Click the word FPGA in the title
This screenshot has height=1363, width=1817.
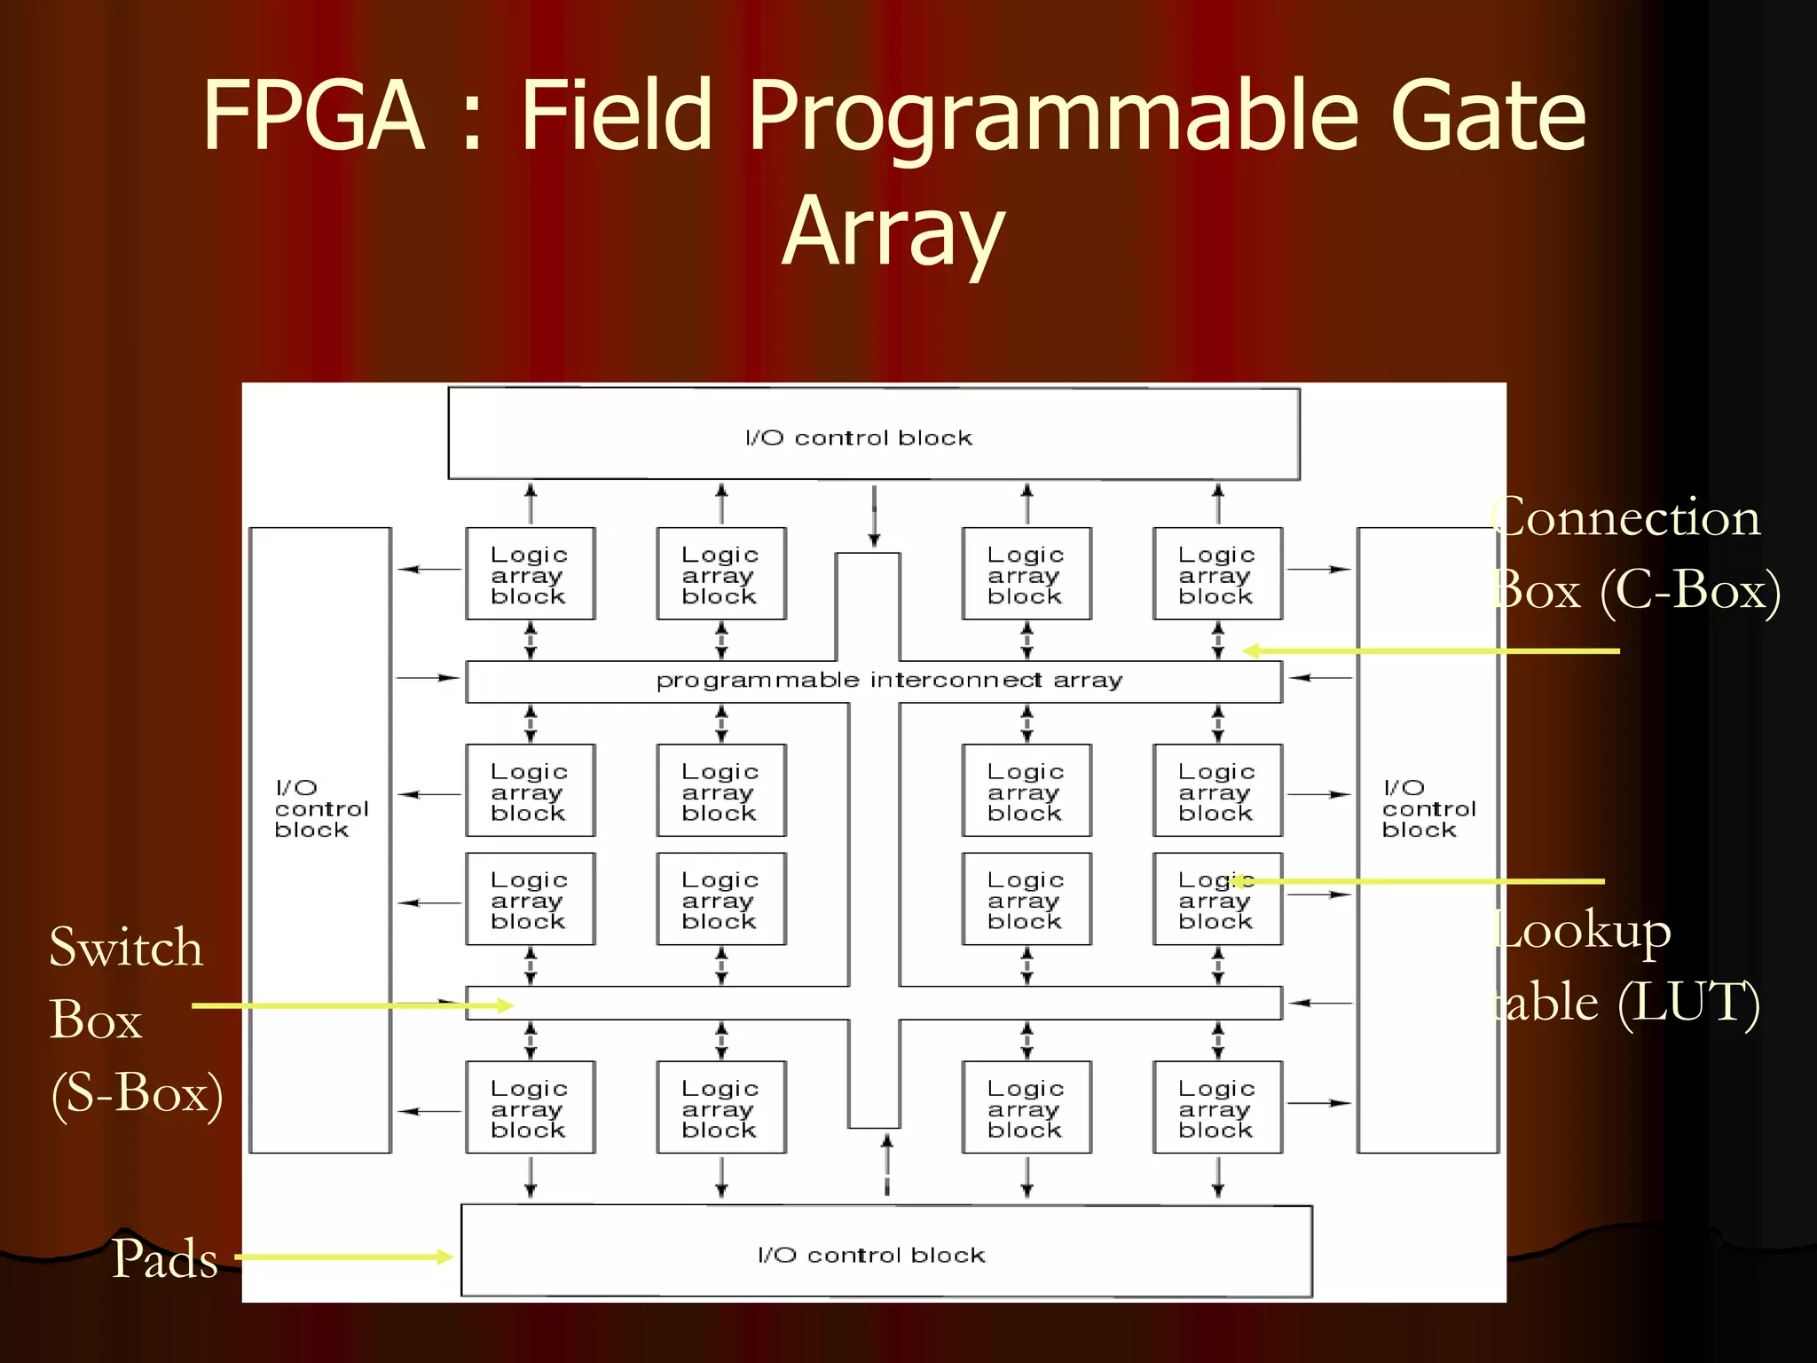pyautogui.click(x=312, y=115)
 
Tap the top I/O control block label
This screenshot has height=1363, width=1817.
pyautogui.click(x=858, y=437)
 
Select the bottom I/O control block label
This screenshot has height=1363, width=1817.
pyautogui.click(x=871, y=1255)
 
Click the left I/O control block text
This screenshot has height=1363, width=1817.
pyautogui.click(x=320, y=808)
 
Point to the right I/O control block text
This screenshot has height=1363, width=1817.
pyautogui.click(x=1428, y=808)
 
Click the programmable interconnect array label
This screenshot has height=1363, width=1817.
pyautogui.click(x=889, y=681)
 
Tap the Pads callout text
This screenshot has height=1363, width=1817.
pyautogui.click(x=165, y=1258)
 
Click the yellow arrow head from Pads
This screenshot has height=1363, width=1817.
pyautogui.click(x=444, y=1257)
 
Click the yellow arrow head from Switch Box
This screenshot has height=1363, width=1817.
pyautogui.click(x=506, y=1005)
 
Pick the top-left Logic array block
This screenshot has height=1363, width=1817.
pyautogui.click(x=530, y=574)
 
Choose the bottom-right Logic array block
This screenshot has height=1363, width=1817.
pyautogui.click(x=1217, y=1107)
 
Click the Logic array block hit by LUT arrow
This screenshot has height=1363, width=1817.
pyautogui.click(x=1217, y=899)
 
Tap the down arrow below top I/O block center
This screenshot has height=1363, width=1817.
pyautogui.click(x=874, y=538)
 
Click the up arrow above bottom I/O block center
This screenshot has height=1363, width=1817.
pyautogui.click(x=886, y=1142)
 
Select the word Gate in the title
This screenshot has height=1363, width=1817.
pyautogui.click(x=1487, y=115)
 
